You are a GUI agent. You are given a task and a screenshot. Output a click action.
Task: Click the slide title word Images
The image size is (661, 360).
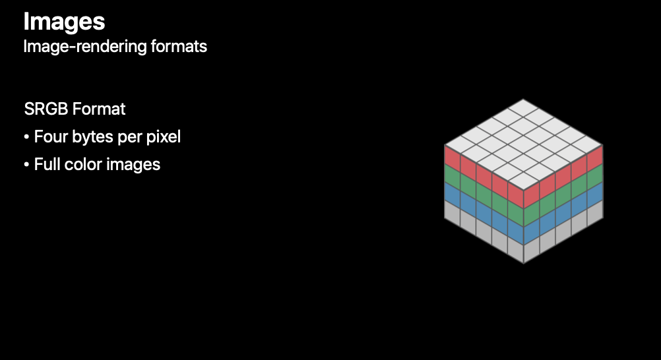click(x=64, y=21)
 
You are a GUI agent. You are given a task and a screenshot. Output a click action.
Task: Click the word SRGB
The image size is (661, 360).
click(x=47, y=109)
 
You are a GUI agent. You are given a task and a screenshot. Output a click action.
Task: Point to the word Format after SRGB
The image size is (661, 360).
click(x=100, y=109)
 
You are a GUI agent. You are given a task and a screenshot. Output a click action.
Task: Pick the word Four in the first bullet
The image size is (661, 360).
click(x=49, y=137)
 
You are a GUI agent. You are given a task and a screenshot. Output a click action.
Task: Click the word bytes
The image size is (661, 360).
click(x=90, y=137)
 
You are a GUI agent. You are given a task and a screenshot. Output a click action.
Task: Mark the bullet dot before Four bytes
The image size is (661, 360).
click(x=26, y=138)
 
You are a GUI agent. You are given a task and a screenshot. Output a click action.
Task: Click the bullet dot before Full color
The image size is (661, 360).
click(x=26, y=165)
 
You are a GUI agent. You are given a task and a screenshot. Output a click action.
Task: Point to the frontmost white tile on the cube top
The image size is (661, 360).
click(x=524, y=180)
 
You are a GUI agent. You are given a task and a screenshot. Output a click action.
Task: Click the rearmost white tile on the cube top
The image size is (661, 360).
click(x=524, y=107)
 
